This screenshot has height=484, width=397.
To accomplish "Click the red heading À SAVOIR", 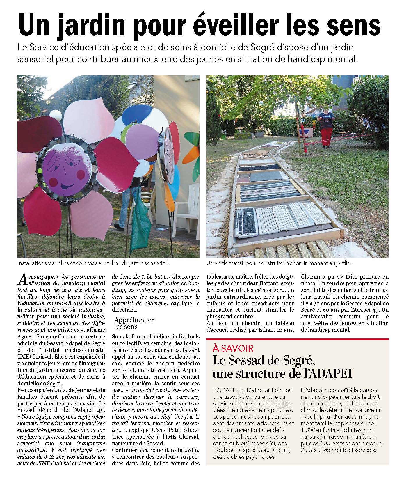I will point(233,348).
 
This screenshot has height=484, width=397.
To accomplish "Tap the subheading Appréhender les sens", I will point(134,323).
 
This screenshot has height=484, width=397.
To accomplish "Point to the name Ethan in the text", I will point(272,330).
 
